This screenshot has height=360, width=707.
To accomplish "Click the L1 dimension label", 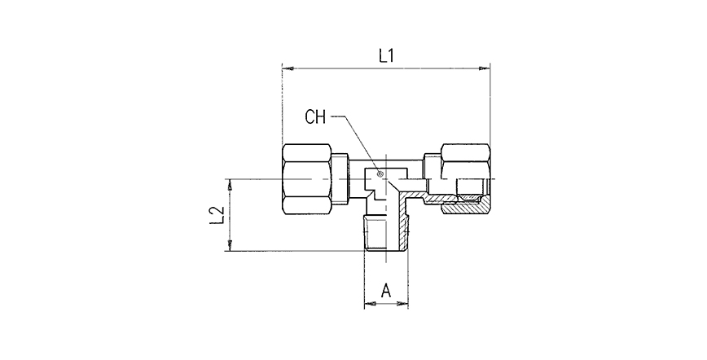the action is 386,56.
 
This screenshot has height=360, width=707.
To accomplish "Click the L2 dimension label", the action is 217,215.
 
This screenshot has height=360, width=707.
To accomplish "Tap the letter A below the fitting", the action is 386,291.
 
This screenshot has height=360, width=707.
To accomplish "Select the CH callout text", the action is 315,116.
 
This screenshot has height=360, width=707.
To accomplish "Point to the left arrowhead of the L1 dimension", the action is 288,68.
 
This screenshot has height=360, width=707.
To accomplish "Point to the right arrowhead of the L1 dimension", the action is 484,68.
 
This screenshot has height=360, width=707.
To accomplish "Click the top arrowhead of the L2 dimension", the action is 230,185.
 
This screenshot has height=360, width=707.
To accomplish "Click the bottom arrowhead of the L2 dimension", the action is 230,245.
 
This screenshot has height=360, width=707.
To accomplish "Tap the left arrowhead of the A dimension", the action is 370,304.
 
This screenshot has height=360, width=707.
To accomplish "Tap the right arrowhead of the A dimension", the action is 402,304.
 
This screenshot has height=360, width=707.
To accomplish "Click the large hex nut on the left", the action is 306,178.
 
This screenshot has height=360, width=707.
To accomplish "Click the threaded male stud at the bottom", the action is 386,233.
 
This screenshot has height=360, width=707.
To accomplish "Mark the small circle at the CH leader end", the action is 380,173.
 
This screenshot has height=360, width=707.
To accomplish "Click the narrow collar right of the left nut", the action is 340,178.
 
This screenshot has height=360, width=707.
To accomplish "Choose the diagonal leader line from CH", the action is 362,144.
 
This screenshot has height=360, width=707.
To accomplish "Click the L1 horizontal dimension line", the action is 386,68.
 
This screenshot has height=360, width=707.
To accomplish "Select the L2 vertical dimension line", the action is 230,215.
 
